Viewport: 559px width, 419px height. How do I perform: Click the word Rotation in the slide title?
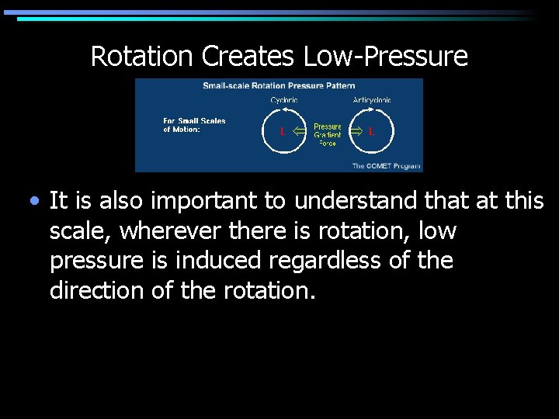tap(142, 56)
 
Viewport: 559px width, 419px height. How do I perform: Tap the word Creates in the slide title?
tap(248, 56)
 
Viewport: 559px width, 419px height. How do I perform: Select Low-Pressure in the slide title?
tap(385, 56)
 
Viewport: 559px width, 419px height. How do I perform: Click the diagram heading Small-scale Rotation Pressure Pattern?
tap(279, 85)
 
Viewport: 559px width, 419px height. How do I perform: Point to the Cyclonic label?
tap(283, 99)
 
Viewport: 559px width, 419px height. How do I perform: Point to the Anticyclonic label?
tap(372, 99)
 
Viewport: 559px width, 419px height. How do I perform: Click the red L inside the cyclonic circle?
tap(283, 132)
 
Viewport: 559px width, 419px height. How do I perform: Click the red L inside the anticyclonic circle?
tap(371, 132)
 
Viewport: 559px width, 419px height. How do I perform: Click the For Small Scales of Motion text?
tap(194, 125)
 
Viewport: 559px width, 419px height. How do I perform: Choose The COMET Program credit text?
tap(386, 165)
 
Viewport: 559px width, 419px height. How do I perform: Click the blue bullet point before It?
tap(33, 202)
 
